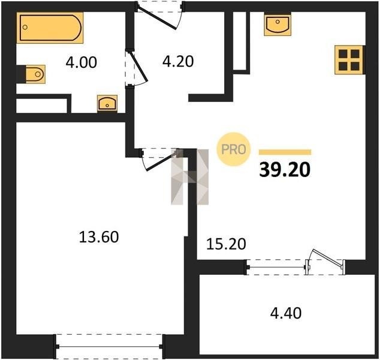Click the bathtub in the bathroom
[50, 28]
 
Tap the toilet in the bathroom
[35, 74]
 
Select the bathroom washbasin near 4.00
[107, 104]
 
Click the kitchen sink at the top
[278, 24]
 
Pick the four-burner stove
[349, 59]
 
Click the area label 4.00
[82, 62]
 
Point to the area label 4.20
[178, 61]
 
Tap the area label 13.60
[99, 237]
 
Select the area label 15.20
[226, 244]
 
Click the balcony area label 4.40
[286, 313]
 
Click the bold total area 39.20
[285, 170]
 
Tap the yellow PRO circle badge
[233, 149]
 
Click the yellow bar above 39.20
[285, 152]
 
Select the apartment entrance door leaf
[157, 19]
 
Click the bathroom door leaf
[139, 66]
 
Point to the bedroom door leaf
[162, 161]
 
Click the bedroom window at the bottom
[110, 347]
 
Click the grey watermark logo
[190, 176]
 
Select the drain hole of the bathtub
[25, 27]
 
